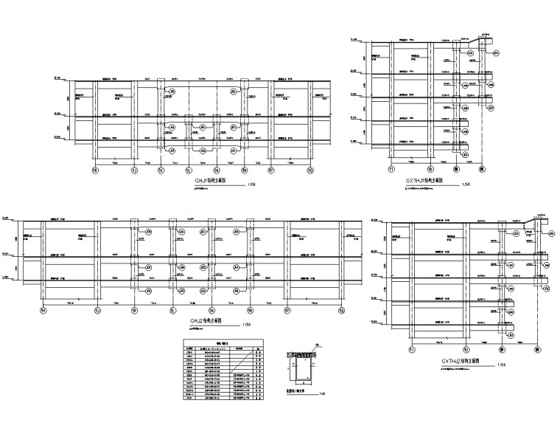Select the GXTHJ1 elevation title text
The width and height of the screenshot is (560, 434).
pyautogui.click(x=424, y=179)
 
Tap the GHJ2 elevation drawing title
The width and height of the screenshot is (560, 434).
pyautogui.click(x=209, y=320)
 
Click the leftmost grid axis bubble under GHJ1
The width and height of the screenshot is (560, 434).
pyautogui.click(x=94, y=170)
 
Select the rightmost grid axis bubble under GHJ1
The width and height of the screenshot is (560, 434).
pyautogui.click(x=310, y=170)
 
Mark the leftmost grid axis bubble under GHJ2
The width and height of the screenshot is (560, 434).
pyautogui.click(x=43, y=310)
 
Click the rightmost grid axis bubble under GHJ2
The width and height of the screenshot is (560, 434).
pyautogui.click(x=342, y=310)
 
